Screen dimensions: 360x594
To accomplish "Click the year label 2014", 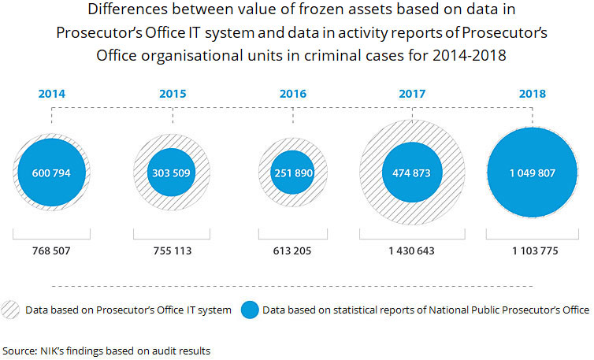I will (52, 94).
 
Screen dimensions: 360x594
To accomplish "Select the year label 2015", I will (173, 94).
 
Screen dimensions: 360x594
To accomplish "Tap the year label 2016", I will (293, 94).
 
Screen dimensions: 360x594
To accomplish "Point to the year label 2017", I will (413, 94).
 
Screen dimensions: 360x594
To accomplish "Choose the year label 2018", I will (533, 94).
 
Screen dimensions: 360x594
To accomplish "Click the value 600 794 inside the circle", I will (52, 173).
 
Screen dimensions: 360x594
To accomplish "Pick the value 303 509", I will (173, 173).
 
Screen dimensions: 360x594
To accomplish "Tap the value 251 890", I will (293, 173).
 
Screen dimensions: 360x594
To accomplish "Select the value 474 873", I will (413, 173).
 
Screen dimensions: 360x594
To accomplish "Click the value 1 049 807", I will (533, 173).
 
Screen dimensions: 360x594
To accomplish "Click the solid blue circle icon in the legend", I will (251, 310).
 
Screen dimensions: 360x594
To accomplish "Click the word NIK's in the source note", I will (53, 350).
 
